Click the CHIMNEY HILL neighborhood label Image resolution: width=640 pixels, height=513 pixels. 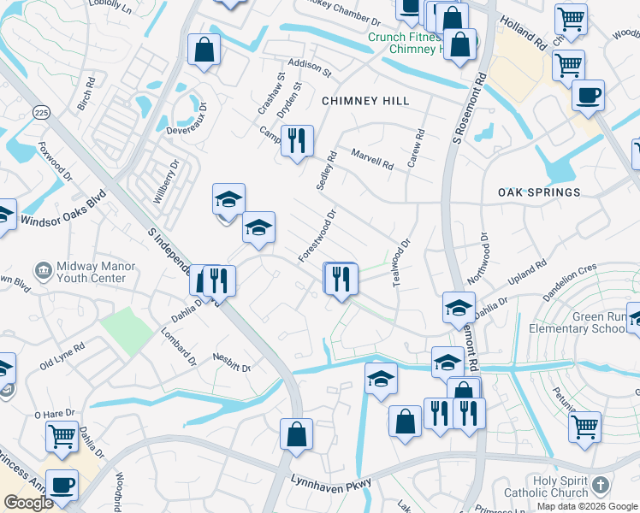coord(365,101)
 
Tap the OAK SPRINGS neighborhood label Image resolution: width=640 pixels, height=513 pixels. coord(539,193)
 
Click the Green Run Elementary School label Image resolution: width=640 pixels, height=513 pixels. coord(599,322)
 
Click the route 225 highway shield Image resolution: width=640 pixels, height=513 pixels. coord(40,113)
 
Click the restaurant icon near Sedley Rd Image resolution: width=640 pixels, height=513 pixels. coord(297,140)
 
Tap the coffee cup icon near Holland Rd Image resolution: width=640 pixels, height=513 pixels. coord(588,96)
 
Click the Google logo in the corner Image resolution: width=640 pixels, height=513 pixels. coord(28,503)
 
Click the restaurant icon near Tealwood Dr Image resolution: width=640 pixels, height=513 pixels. coord(340,277)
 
